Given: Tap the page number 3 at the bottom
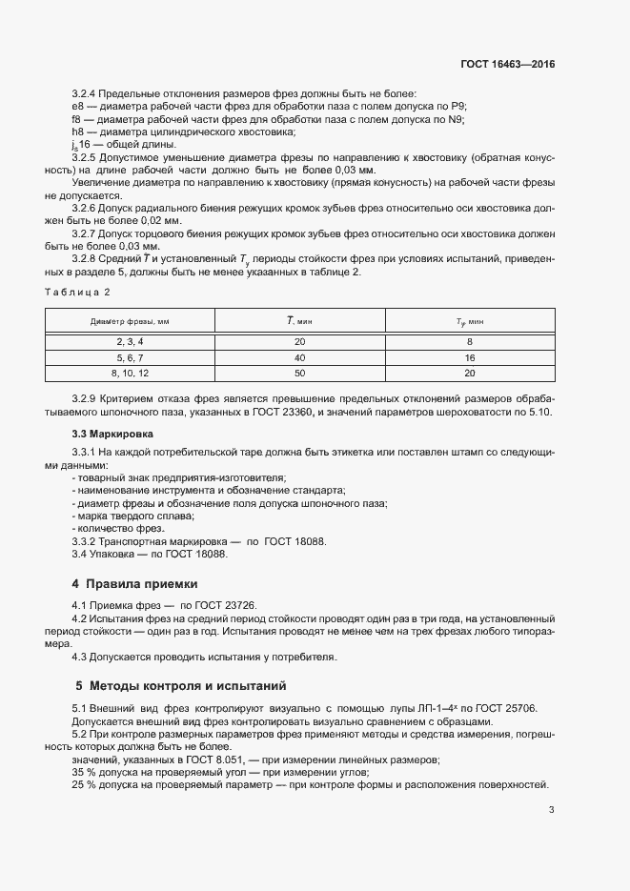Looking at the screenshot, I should click(x=552, y=810).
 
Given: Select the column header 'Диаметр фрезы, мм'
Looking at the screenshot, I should click(x=130, y=322).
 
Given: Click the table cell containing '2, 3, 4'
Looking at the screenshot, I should click(x=130, y=341).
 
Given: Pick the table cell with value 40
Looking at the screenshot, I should click(x=299, y=357).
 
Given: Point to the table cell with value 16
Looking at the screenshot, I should click(x=469, y=357).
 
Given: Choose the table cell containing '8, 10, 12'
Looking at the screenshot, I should click(x=130, y=374).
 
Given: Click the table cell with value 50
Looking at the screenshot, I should click(x=299, y=374).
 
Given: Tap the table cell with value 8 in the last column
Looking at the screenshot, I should click(x=469, y=341).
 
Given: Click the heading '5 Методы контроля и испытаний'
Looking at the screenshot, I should click(x=180, y=685).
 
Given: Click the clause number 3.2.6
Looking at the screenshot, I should click(x=87, y=207).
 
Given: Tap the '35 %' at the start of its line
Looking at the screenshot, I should click(x=85, y=772).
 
